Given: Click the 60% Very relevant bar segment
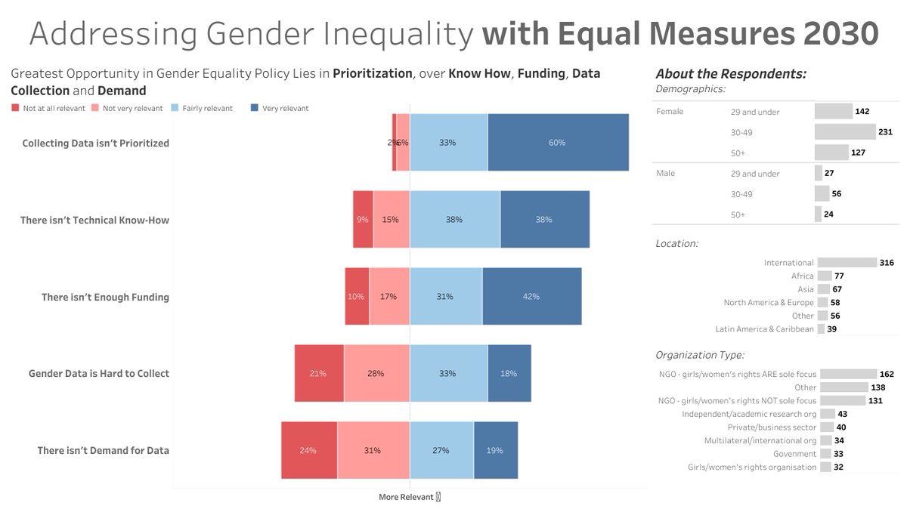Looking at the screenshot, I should [558, 142].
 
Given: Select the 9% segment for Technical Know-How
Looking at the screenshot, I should [363, 219].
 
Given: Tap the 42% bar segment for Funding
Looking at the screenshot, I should [531, 296].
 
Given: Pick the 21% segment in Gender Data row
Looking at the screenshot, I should [318, 373].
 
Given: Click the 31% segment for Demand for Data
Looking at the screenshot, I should [373, 450].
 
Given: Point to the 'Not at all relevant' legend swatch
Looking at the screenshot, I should [15, 108].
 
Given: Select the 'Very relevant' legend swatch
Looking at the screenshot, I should [254, 108].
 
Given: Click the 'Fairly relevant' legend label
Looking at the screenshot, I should [208, 108].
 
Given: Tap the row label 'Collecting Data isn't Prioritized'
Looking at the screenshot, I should [95, 143].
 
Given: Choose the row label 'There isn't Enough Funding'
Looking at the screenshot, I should [105, 297].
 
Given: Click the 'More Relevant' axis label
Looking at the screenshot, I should [406, 497].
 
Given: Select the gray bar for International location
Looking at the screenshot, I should [847, 263].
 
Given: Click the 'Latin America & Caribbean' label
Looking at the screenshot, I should [764, 329].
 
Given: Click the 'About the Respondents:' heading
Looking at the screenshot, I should [730, 74].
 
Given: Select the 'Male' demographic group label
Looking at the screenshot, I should [665, 173].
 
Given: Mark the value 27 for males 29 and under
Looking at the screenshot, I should [829, 173].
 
